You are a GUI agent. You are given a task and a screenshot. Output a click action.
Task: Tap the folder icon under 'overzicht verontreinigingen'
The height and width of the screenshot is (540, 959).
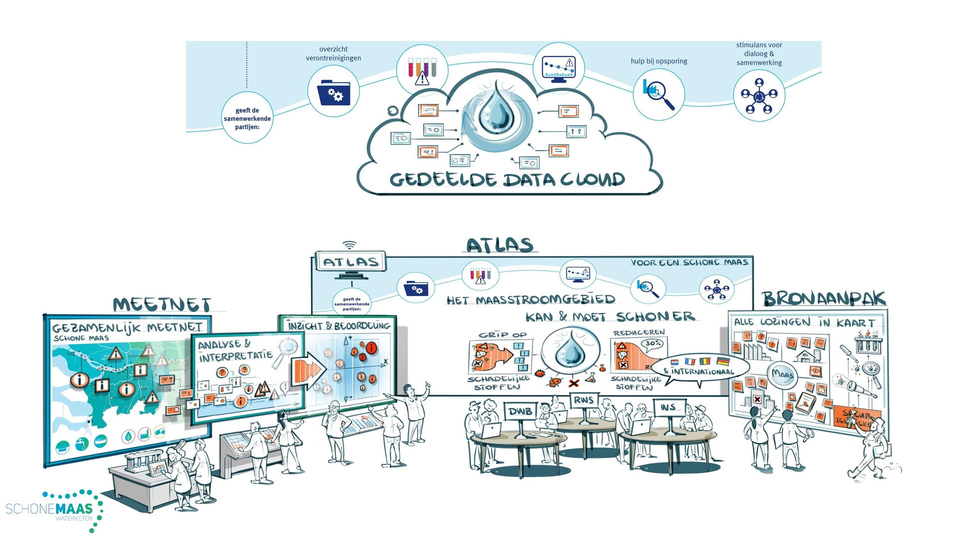click(x=333, y=92)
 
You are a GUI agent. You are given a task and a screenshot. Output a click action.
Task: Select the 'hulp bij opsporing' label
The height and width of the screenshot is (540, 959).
click(x=659, y=61)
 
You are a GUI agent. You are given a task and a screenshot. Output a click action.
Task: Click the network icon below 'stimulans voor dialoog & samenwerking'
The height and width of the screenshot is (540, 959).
click(x=759, y=95)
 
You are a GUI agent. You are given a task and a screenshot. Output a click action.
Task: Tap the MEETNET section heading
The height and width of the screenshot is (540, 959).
click(x=162, y=304)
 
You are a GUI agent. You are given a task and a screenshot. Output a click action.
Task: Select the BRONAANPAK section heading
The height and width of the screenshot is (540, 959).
click(x=824, y=299)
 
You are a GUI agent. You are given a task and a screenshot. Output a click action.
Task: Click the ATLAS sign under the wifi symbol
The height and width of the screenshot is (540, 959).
click(x=351, y=262)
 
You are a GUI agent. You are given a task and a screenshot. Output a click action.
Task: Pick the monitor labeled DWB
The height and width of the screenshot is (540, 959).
click(x=520, y=411)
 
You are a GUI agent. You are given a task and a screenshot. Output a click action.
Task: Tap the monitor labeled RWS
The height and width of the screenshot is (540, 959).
click(x=583, y=400)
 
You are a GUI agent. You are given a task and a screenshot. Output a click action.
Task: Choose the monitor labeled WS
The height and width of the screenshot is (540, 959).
click(x=668, y=407)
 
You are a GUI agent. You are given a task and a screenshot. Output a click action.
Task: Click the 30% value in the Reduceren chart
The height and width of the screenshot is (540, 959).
click(x=653, y=343)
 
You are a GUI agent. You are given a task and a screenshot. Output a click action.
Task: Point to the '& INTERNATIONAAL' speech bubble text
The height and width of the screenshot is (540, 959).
click(x=699, y=371)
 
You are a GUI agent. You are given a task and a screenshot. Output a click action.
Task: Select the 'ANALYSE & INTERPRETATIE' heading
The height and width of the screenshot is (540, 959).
click(x=235, y=350)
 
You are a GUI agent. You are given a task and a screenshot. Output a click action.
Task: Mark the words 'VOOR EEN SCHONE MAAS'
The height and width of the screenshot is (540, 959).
click(x=689, y=262)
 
